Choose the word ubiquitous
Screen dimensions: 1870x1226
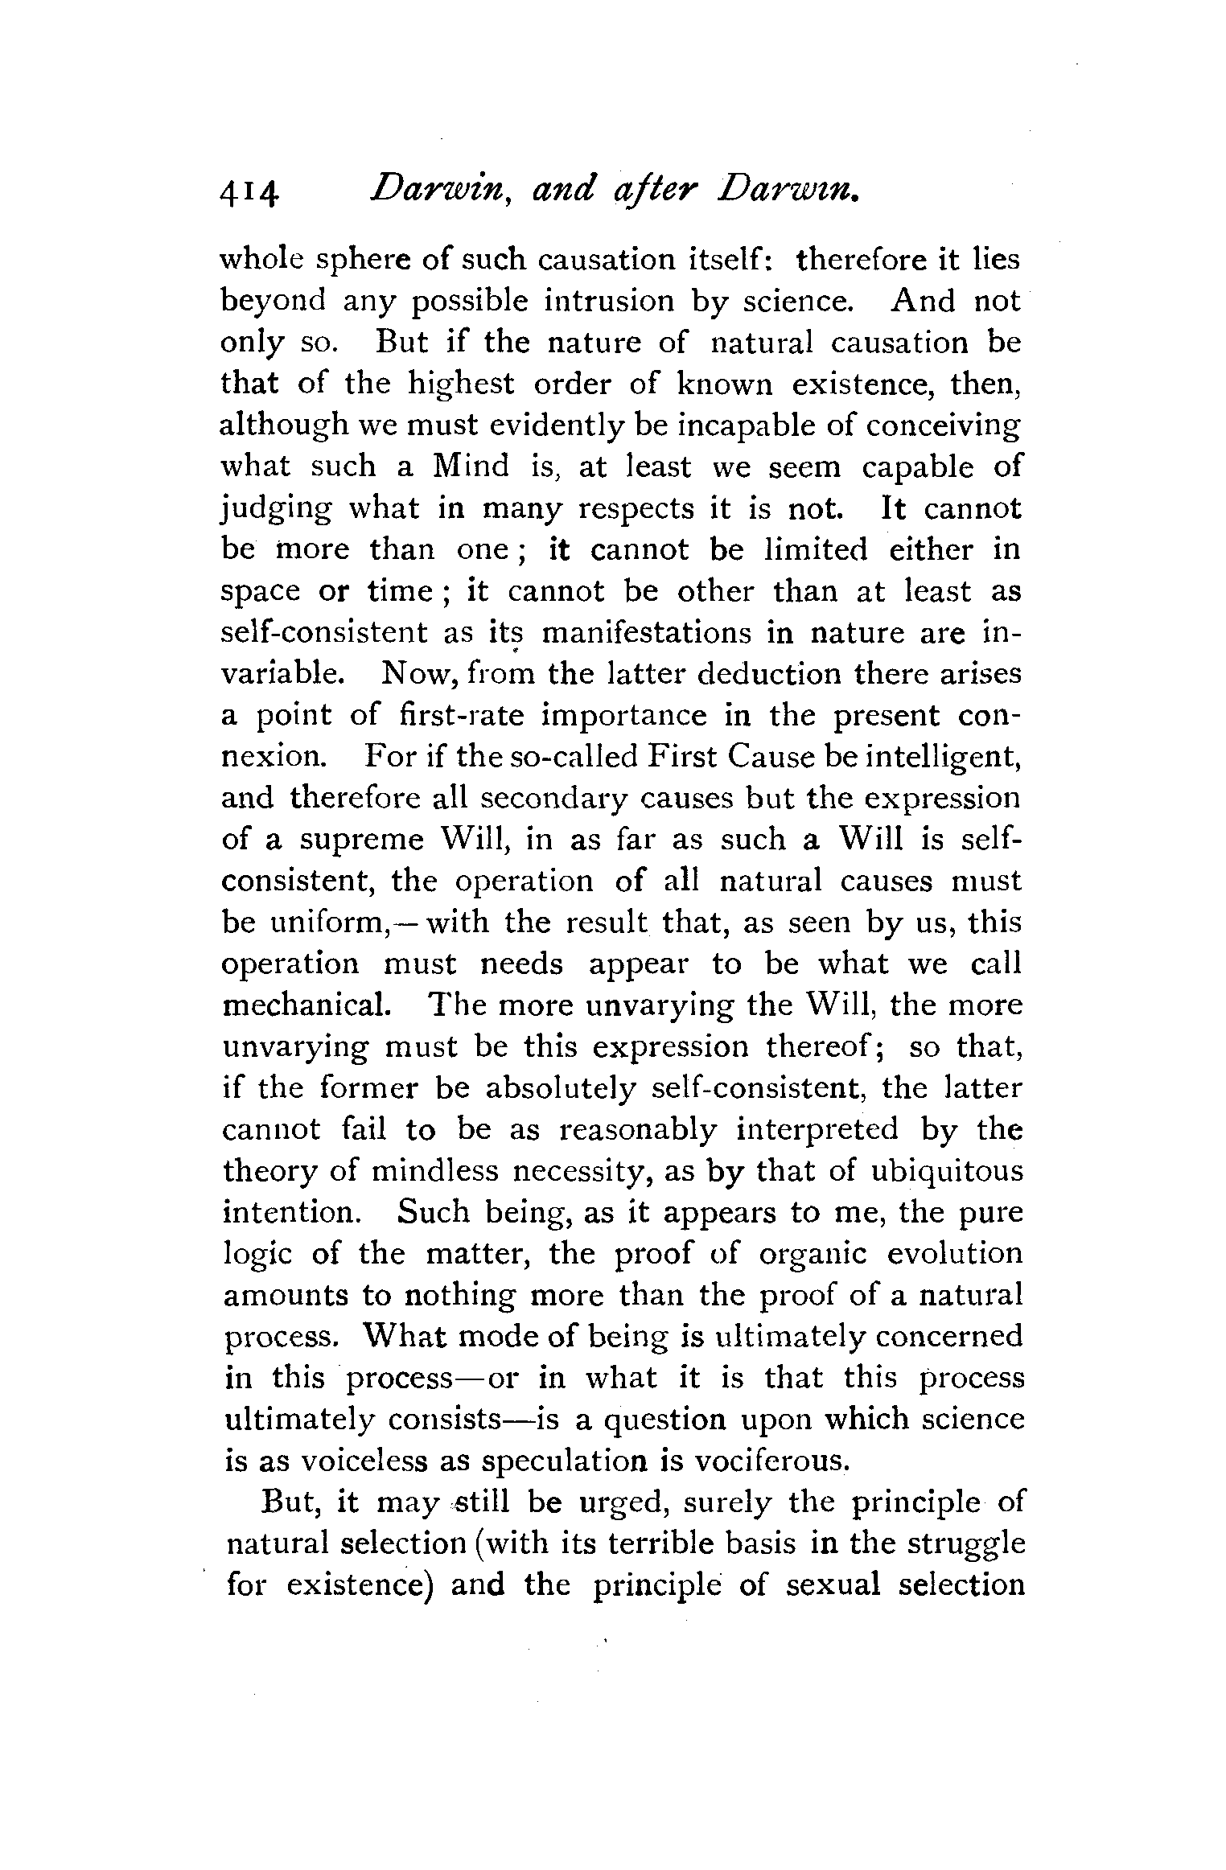click(947, 1172)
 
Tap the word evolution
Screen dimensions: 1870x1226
click(955, 1255)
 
